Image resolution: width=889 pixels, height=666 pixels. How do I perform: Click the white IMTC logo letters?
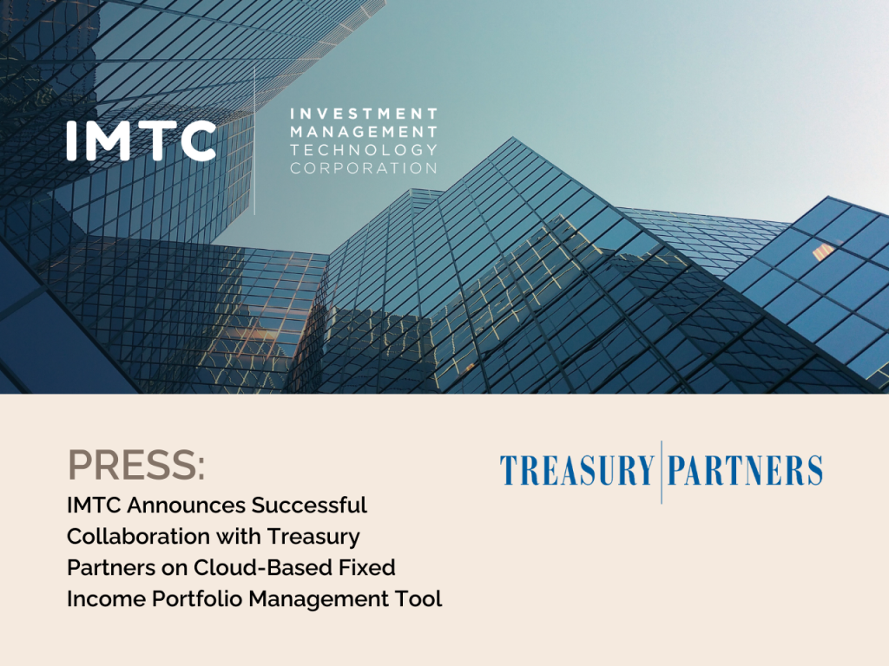click(142, 140)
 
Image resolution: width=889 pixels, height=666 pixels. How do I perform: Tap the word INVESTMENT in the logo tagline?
click(364, 114)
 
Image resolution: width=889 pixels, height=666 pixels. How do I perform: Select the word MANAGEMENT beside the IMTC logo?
click(364, 132)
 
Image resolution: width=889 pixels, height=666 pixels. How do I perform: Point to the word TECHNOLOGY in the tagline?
click(364, 150)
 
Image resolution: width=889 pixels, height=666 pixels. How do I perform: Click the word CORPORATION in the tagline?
click(364, 168)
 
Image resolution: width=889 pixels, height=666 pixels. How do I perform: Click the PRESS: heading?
click(136, 467)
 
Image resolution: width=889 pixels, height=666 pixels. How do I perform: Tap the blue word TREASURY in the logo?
click(576, 471)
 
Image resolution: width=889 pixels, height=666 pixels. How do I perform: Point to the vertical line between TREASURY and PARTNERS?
click(662, 472)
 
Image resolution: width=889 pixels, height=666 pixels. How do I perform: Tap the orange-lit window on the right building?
click(822, 251)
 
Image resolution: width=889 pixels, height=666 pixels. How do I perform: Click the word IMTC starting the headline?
click(89, 505)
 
